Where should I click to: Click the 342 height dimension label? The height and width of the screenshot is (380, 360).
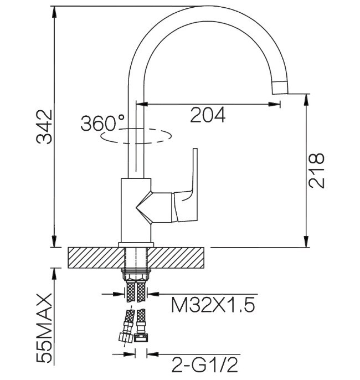tap(44, 127)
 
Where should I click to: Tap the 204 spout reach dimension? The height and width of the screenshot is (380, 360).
tap(208, 115)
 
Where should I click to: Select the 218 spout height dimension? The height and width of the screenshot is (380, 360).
tap(316, 171)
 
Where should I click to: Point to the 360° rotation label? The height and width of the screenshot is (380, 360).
tap(102, 123)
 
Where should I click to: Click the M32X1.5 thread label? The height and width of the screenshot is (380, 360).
tap(213, 305)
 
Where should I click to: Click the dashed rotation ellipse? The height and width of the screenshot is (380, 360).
tap(136, 136)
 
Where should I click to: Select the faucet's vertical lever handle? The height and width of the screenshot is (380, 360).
tap(186, 185)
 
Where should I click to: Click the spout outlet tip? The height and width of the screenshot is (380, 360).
tap(280, 88)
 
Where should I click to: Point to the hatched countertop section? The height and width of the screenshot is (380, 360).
tap(136, 258)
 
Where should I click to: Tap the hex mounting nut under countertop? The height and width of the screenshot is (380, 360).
tap(136, 275)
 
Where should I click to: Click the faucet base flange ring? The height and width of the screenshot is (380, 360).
tap(136, 245)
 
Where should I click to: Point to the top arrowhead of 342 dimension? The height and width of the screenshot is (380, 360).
tap(55, 12)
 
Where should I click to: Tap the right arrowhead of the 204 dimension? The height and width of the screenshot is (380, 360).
tap(274, 104)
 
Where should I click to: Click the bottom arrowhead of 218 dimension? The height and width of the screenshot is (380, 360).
tap(306, 242)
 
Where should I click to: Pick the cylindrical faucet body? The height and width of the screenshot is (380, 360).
tap(136, 210)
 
